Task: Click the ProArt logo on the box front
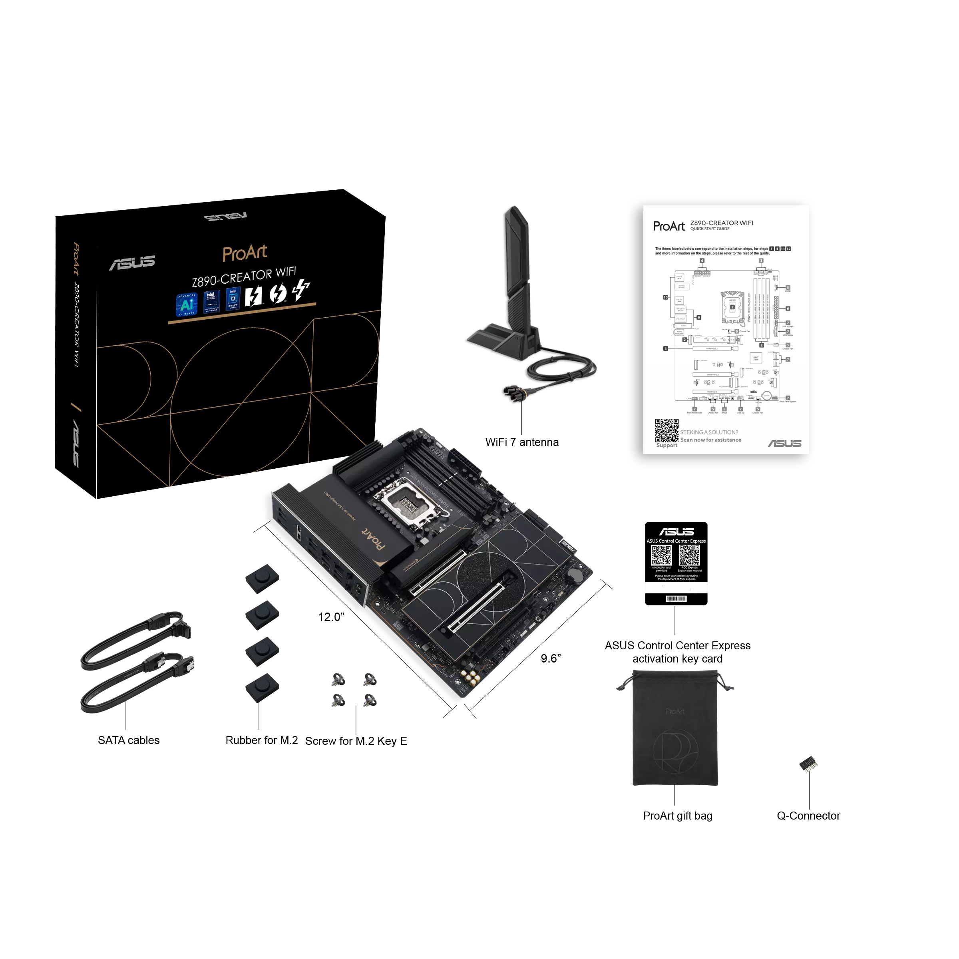tap(244, 253)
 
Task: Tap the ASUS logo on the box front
tap(132, 263)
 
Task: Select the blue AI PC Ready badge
tap(187, 304)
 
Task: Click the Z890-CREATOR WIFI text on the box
tap(244, 277)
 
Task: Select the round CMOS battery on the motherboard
tap(575, 575)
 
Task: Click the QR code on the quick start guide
tap(666, 430)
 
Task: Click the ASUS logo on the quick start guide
tap(784, 443)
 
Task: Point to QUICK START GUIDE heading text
tap(709, 229)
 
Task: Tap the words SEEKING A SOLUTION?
tap(709, 432)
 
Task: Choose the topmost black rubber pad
tap(262, 578)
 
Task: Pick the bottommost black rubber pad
tap(262, 687)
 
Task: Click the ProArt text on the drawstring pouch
tap(674, 711)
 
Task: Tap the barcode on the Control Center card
tap(676, 599)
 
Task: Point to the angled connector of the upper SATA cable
tap(183, 628)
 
